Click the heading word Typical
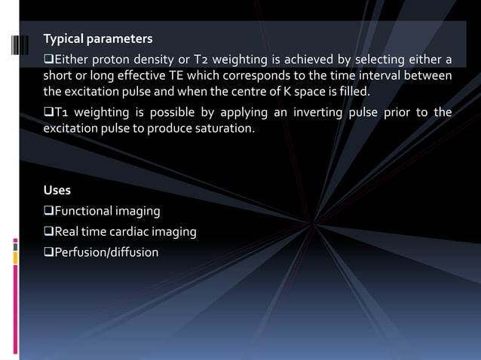62,38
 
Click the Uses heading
57,190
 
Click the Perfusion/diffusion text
106,252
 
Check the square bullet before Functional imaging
47,211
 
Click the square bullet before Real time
47,232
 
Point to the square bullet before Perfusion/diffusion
47,252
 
